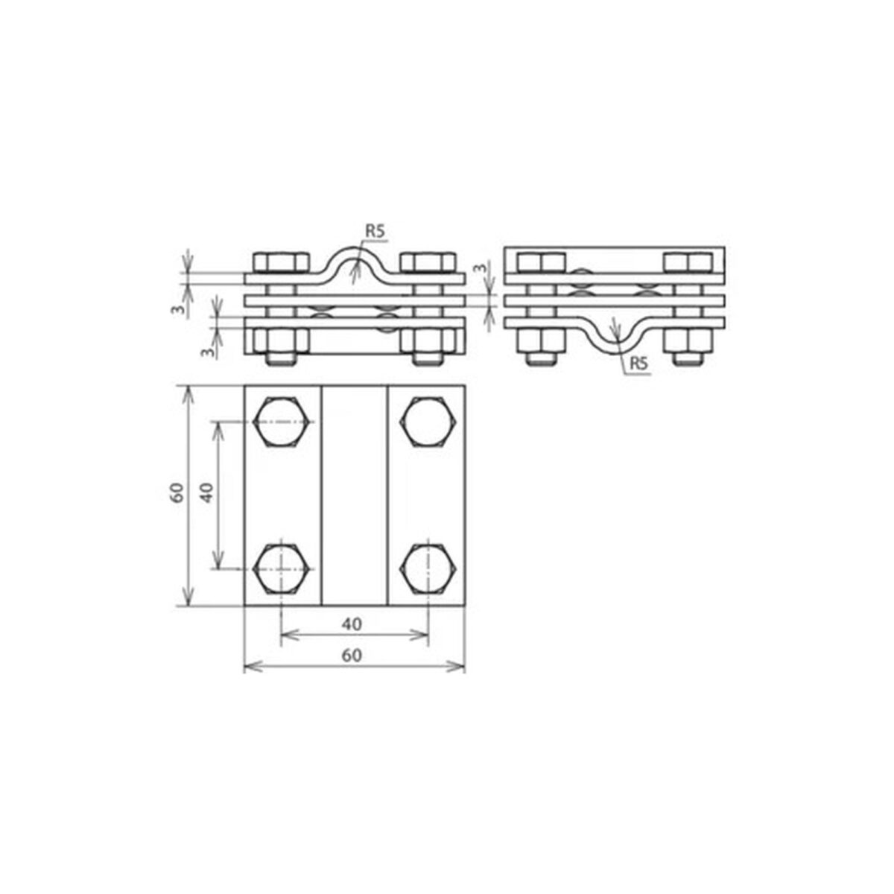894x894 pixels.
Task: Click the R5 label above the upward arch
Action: (375, 232)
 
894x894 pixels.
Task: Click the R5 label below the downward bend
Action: (638, 364)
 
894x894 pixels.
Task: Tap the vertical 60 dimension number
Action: (177, 492)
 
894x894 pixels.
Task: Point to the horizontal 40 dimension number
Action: (352, 624)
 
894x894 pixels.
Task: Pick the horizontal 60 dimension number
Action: (352, 656)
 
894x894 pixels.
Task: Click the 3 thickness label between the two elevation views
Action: (483, 267)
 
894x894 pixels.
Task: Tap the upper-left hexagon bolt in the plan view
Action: (282, 422)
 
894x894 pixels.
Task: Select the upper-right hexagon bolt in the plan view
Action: (429, 422)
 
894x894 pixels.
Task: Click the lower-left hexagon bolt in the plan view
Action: (282, 568)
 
